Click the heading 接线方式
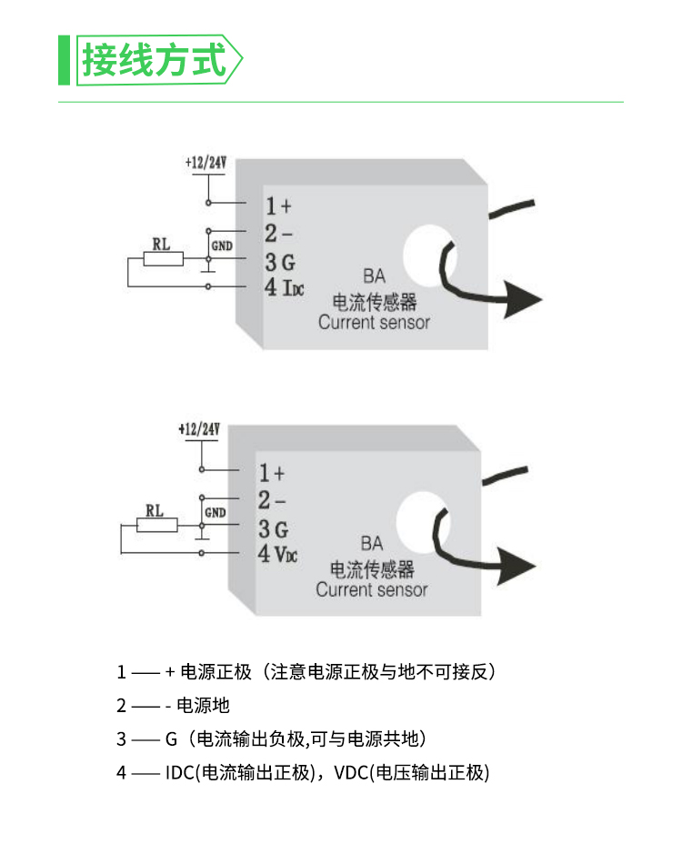tap(154, 61)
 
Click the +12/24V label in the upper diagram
tap(206, 164)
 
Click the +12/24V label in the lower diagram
tap(200, 428)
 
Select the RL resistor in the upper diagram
tap(164, 259)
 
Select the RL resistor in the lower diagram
tap(157, 525)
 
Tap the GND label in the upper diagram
tap(222, 246)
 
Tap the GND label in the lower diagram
tap(216, 512)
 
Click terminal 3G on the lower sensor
tap(273, 528)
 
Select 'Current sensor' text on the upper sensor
tap(374, 322)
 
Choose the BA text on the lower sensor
tap(371, 544)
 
